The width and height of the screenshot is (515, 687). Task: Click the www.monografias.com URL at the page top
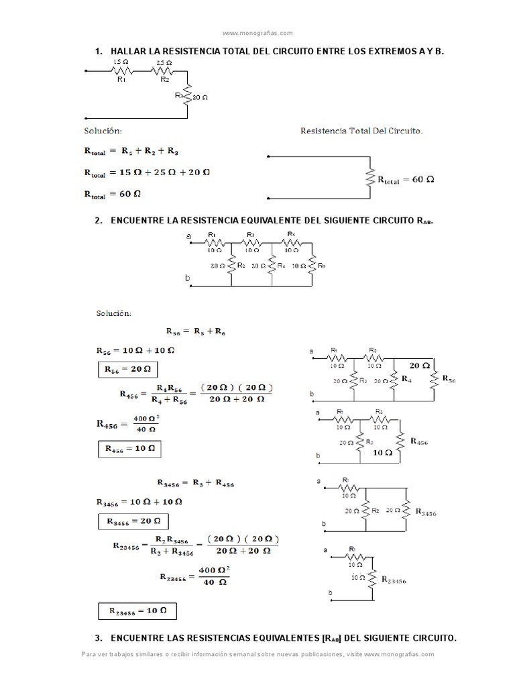click(257, 32)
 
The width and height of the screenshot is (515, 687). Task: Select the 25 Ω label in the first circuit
click(164, 62)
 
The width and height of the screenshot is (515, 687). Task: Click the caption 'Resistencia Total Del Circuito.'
click(361, 131)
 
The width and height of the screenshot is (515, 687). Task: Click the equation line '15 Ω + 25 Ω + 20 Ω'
click(164, 172)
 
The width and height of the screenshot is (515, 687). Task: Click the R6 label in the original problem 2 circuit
click(323, 266)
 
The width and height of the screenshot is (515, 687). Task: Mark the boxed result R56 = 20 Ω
click(127, 370)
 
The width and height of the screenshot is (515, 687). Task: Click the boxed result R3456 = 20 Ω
click(133, 521)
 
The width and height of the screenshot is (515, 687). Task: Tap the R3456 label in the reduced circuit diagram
click(426, 512)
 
